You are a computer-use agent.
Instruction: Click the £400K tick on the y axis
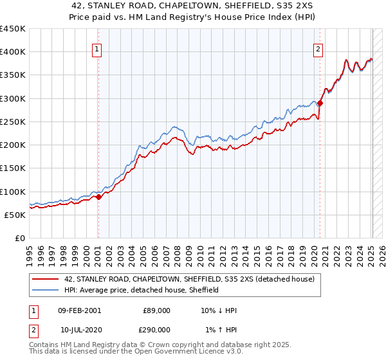[x=13, y=52]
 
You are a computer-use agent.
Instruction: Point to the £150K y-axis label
[x=13, y=168]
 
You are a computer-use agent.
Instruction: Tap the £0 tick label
[x=19, y=238]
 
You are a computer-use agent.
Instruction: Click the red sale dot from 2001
[x=98, y=197]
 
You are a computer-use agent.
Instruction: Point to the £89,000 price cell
[x=156, y=310]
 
